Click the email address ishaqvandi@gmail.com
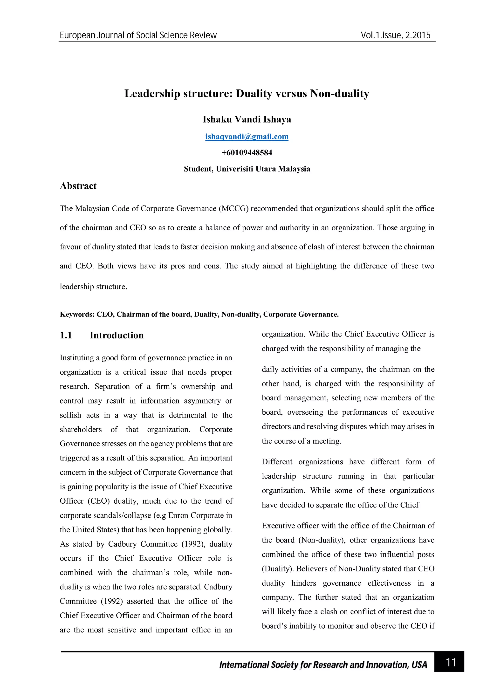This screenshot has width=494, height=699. point(247,137)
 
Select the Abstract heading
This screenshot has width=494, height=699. point(78,186)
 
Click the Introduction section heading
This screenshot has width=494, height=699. point(117,335)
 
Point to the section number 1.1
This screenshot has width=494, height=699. point(66,335)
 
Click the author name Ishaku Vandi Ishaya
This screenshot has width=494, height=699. point(247,119)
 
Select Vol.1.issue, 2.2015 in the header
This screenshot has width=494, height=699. point(395,35)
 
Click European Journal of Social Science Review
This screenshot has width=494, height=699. point(138,35)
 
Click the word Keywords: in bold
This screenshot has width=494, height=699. point(77,314)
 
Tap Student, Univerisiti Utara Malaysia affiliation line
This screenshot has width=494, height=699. point(247,169)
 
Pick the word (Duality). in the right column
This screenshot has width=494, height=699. point(278,569)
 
